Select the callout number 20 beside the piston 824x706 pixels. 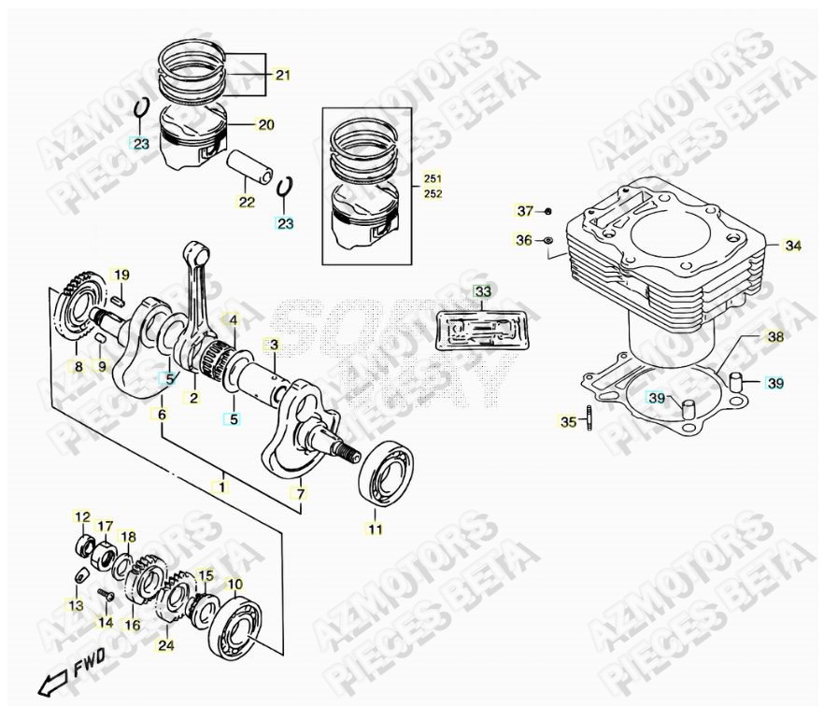pos(265,124)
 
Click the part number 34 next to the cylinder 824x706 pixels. pos(792,246)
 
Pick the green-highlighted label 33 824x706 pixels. pos(482,292)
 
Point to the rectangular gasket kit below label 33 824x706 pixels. pos(482,331)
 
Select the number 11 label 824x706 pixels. pos(375,530)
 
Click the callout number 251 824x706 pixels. pos(433,178)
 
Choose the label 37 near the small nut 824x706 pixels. pos(525,210)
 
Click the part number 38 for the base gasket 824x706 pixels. pos(775,337)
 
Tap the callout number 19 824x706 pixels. pos(121,275)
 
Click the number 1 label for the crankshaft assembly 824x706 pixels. pos(222,487)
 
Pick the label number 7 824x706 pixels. pos(301,493)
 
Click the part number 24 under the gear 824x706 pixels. pos(165,644)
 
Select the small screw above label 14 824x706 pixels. pos(104,594)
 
